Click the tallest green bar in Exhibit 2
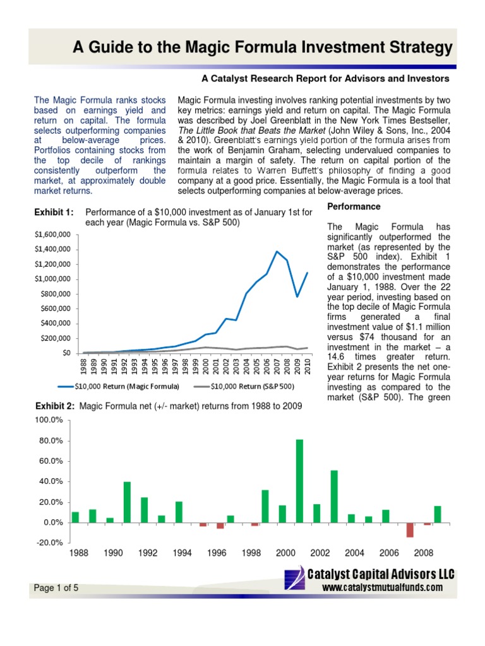[299, 481]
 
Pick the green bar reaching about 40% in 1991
[127, 502]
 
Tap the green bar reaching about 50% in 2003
[334, 496]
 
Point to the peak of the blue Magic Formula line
[277, 252]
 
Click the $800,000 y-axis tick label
[55, 293]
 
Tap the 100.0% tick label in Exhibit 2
[49, 420]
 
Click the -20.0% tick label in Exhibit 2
[49, 543]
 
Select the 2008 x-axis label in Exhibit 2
[424, 553]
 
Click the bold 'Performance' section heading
[354, 207]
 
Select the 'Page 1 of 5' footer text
[56, 588]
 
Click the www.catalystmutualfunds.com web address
[382, 587]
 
